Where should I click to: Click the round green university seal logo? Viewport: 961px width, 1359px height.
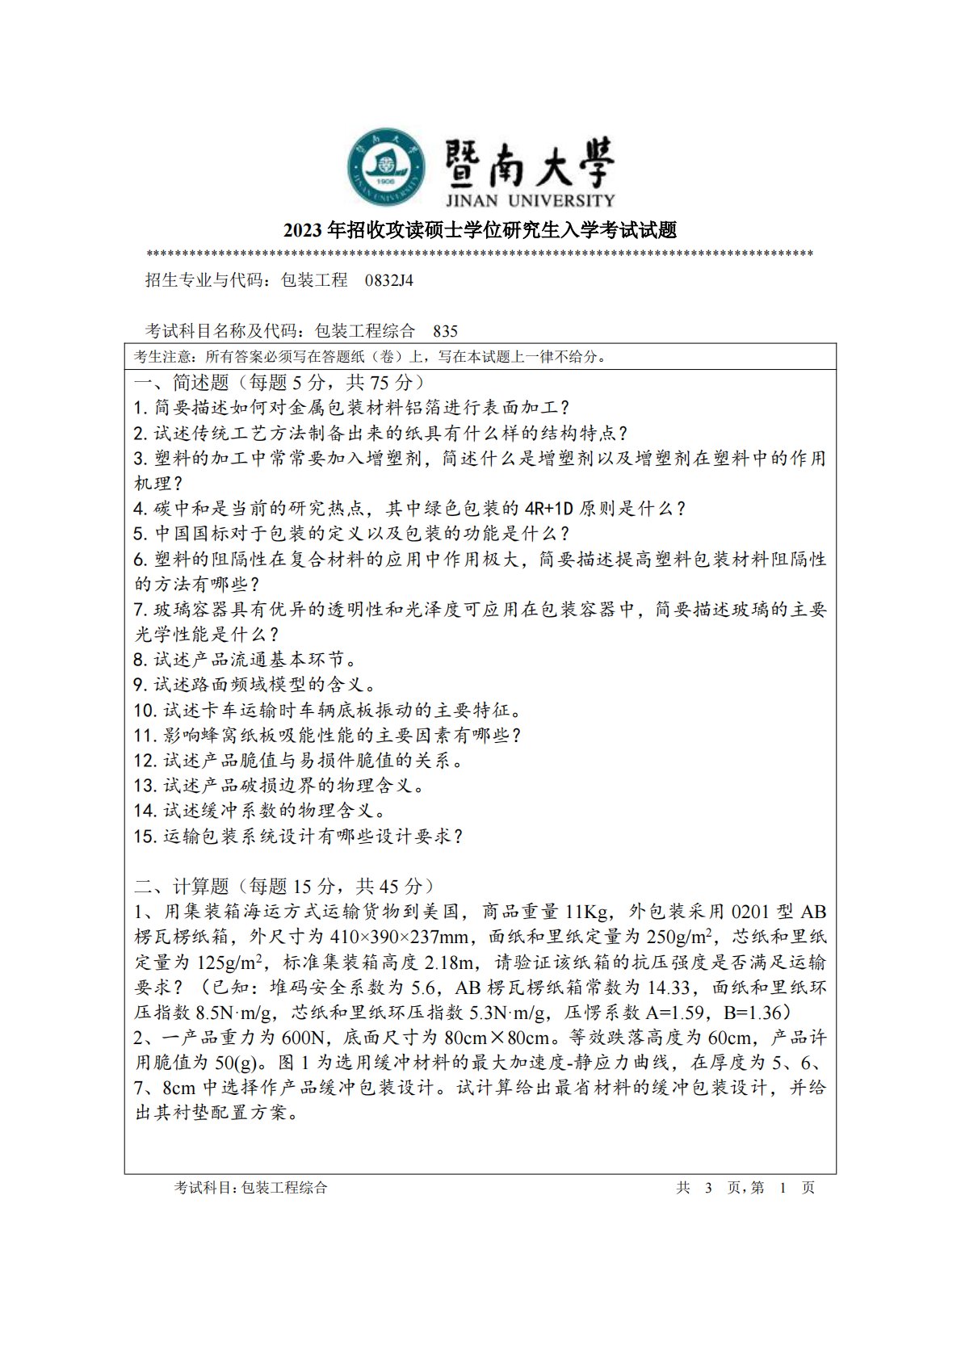[387, 167]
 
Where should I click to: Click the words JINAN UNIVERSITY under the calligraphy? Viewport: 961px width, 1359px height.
[529, 200]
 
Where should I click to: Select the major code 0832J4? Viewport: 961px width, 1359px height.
[389, 281]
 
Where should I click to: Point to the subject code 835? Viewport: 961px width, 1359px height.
[445, 331]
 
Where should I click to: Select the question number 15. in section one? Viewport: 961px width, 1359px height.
[146, 837]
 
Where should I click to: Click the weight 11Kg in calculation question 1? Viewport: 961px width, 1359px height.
[586, 912]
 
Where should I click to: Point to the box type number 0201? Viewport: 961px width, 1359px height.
[751, 912]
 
